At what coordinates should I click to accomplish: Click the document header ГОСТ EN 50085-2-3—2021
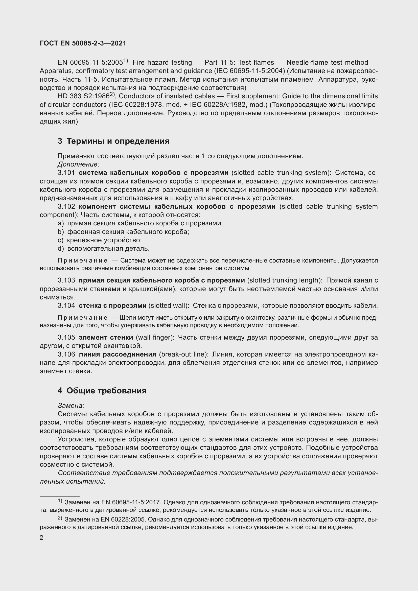point(83,43)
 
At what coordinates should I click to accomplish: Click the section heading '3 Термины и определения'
point(113,141)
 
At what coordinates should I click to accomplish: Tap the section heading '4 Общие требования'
point(102,390)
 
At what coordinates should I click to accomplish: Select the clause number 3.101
point(66,173)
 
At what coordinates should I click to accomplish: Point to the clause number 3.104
point(66,305)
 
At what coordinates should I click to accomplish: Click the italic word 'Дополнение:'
point(79,164)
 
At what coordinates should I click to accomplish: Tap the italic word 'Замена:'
point(71,406)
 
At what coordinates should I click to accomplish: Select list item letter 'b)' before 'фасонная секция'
point(60,232)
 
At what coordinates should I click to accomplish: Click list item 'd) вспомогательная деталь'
point(103,248)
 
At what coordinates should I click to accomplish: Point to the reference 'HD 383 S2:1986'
point(83,96)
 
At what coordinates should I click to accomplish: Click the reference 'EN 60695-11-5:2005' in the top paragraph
point(90,63)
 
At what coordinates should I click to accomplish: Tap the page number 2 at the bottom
point(41,538)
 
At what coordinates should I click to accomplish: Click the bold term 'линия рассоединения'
point(117,354)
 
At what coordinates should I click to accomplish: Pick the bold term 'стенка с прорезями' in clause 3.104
point(112,305)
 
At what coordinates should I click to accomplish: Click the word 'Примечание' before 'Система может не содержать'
point(82,261)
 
